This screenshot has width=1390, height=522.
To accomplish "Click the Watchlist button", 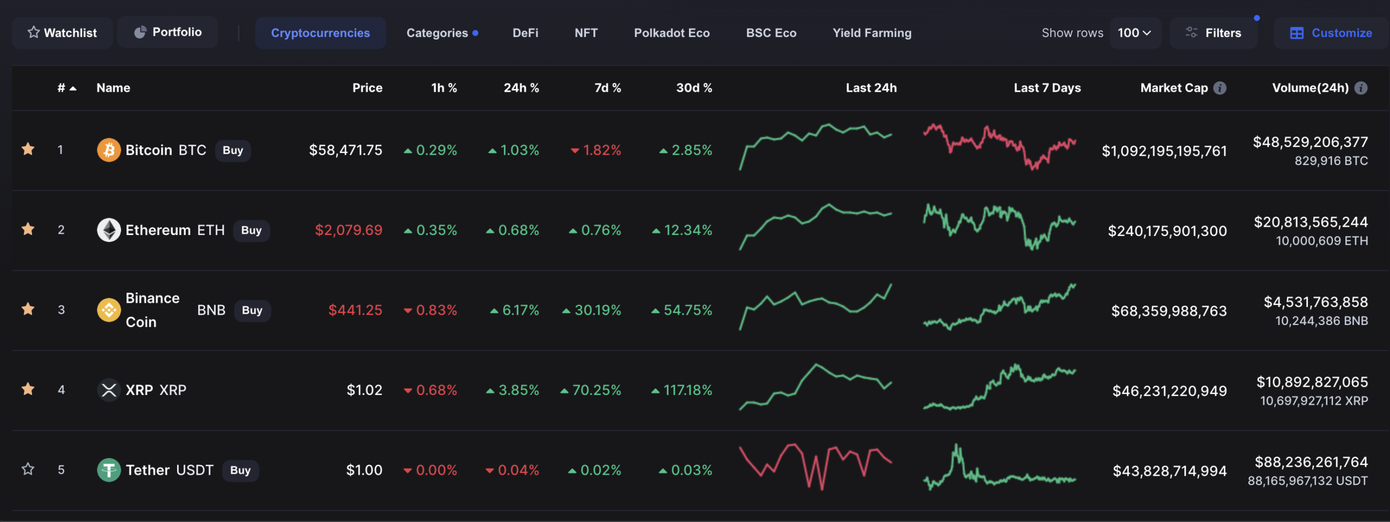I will click(x=62, y=33).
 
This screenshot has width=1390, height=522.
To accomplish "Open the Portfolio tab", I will click(x=168, y=32).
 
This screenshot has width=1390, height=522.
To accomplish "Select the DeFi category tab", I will click(x=525, y=33).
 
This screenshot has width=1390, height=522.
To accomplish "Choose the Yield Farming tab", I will click(x=872, y=33).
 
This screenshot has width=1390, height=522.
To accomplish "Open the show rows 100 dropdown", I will click(x=1135, y=33).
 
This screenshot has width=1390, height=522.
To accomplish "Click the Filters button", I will click(x=1214, y=33).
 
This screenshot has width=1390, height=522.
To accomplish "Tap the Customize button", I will click(x=1331, y=33).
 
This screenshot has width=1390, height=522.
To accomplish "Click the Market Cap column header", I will click(x=1174, y=88).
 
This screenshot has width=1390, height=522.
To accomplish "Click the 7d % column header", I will click(x=608, y=88).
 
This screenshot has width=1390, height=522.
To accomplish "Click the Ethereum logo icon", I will click(x=109, y=230).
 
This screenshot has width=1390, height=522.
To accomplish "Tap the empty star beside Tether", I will click(x=28, y=469).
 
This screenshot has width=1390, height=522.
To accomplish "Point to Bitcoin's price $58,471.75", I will click(x=345, y=150).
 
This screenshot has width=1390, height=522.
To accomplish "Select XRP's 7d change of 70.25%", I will click(x=596, y=390).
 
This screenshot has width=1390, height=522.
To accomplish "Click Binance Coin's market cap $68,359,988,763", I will click(x=1169, y=311).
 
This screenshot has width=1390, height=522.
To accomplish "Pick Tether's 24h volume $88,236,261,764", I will click(x=1311, y=462).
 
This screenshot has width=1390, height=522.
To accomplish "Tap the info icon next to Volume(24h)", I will click(x=1361, y=88).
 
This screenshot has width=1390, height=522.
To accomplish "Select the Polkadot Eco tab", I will click(x=672, y=33).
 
